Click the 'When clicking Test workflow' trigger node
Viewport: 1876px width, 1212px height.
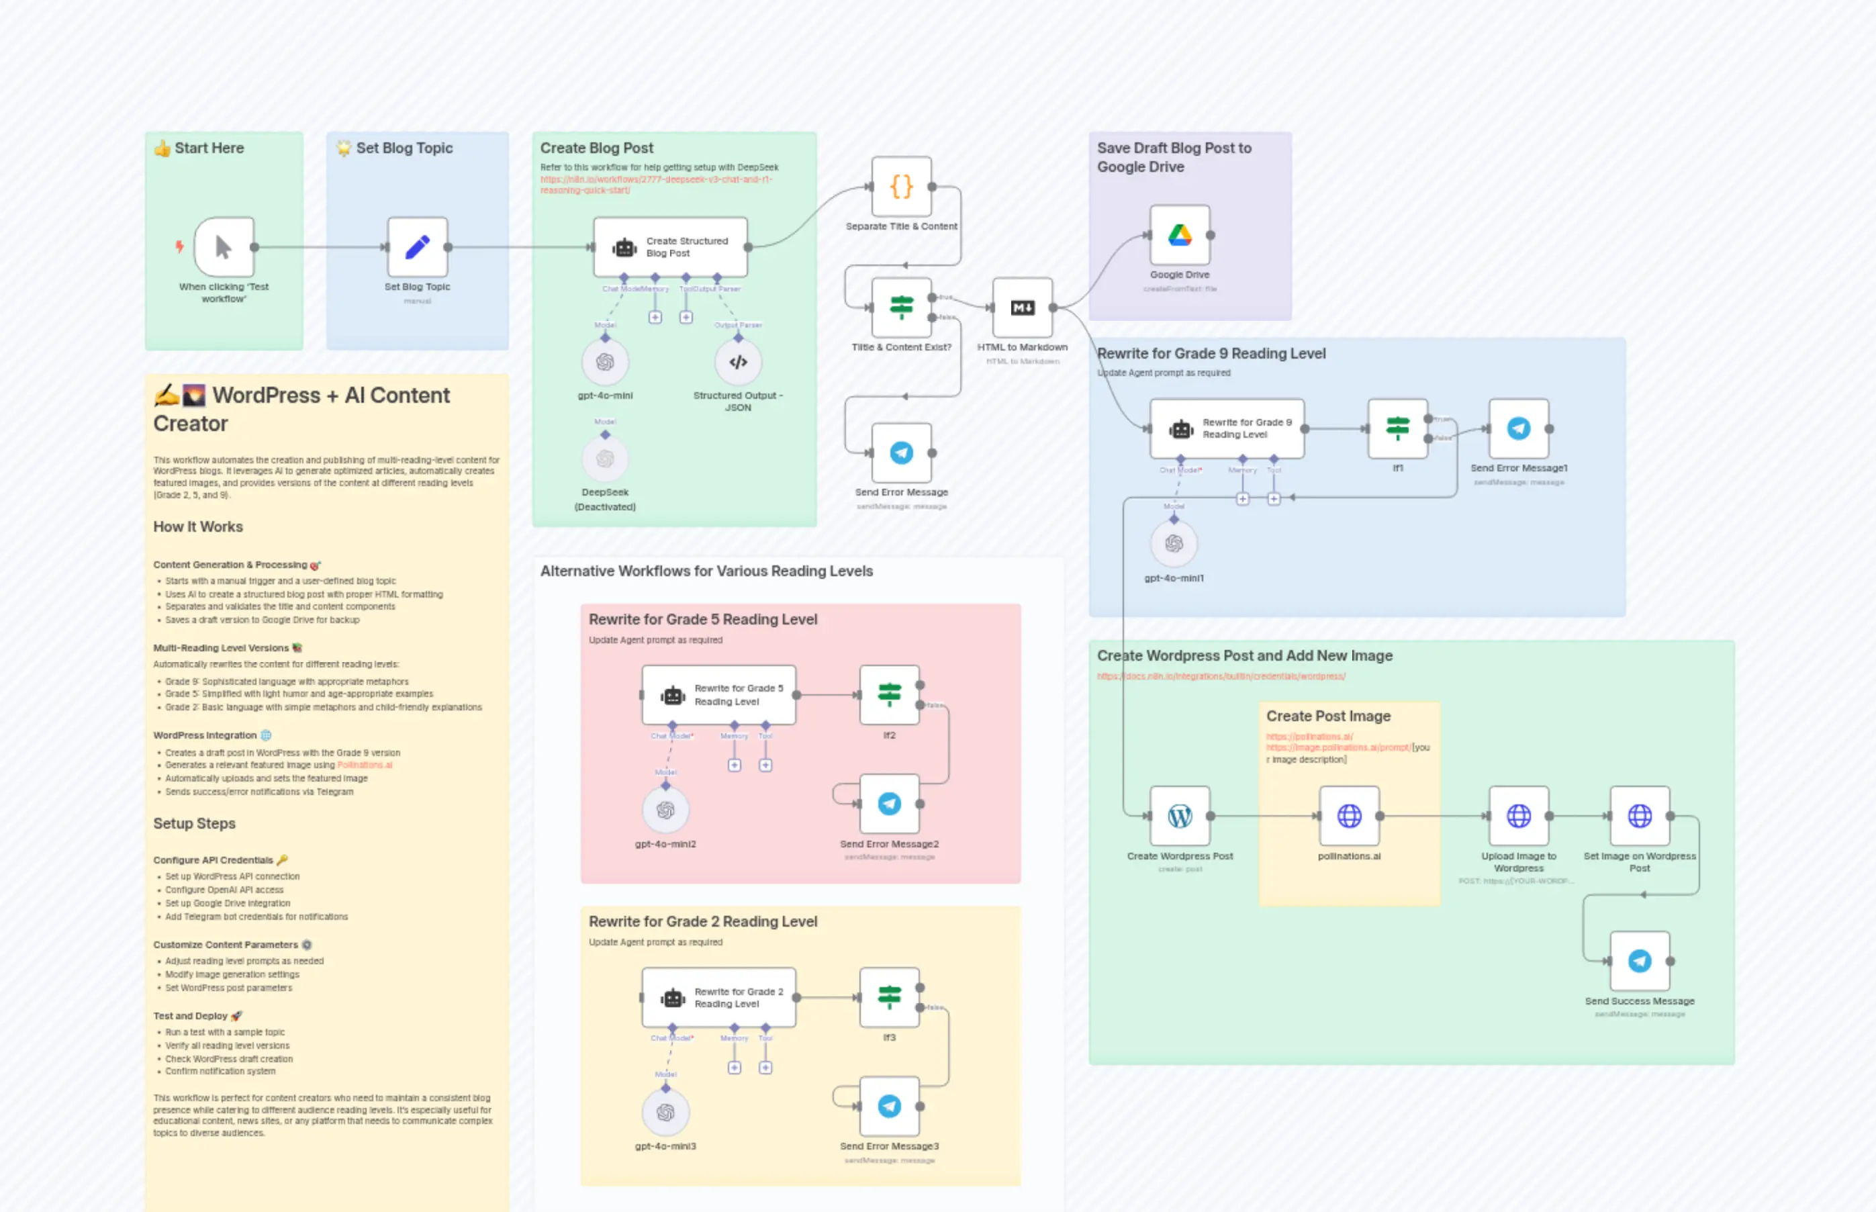[224, 248]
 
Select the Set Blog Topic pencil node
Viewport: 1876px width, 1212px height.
[417, 248]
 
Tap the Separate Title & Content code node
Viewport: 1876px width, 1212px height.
[901, 187]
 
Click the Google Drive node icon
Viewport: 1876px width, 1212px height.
[1180, 235]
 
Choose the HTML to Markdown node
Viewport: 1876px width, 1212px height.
[1022, 308]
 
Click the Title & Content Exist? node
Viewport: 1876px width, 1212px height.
[901, 308]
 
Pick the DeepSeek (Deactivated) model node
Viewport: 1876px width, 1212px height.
[604, 459]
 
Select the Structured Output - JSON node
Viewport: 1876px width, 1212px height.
[737, 363]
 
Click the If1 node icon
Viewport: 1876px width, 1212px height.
[1397, 429]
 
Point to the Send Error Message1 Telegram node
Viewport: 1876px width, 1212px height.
[1518, 429]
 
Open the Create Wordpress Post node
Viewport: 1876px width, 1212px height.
[1180, 816]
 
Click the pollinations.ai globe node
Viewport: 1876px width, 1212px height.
[1349, 816]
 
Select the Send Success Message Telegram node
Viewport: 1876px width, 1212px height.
[1639, 961]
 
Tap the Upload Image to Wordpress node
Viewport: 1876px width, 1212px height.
[1518, 816]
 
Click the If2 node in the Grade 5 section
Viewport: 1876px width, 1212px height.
[889, 695]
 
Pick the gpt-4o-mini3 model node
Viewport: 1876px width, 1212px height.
[665, 1112]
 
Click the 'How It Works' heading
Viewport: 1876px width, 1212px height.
[198, 526]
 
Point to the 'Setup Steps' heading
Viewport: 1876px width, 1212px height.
[194, 823]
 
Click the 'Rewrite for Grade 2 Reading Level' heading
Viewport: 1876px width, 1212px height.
[703, 922]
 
